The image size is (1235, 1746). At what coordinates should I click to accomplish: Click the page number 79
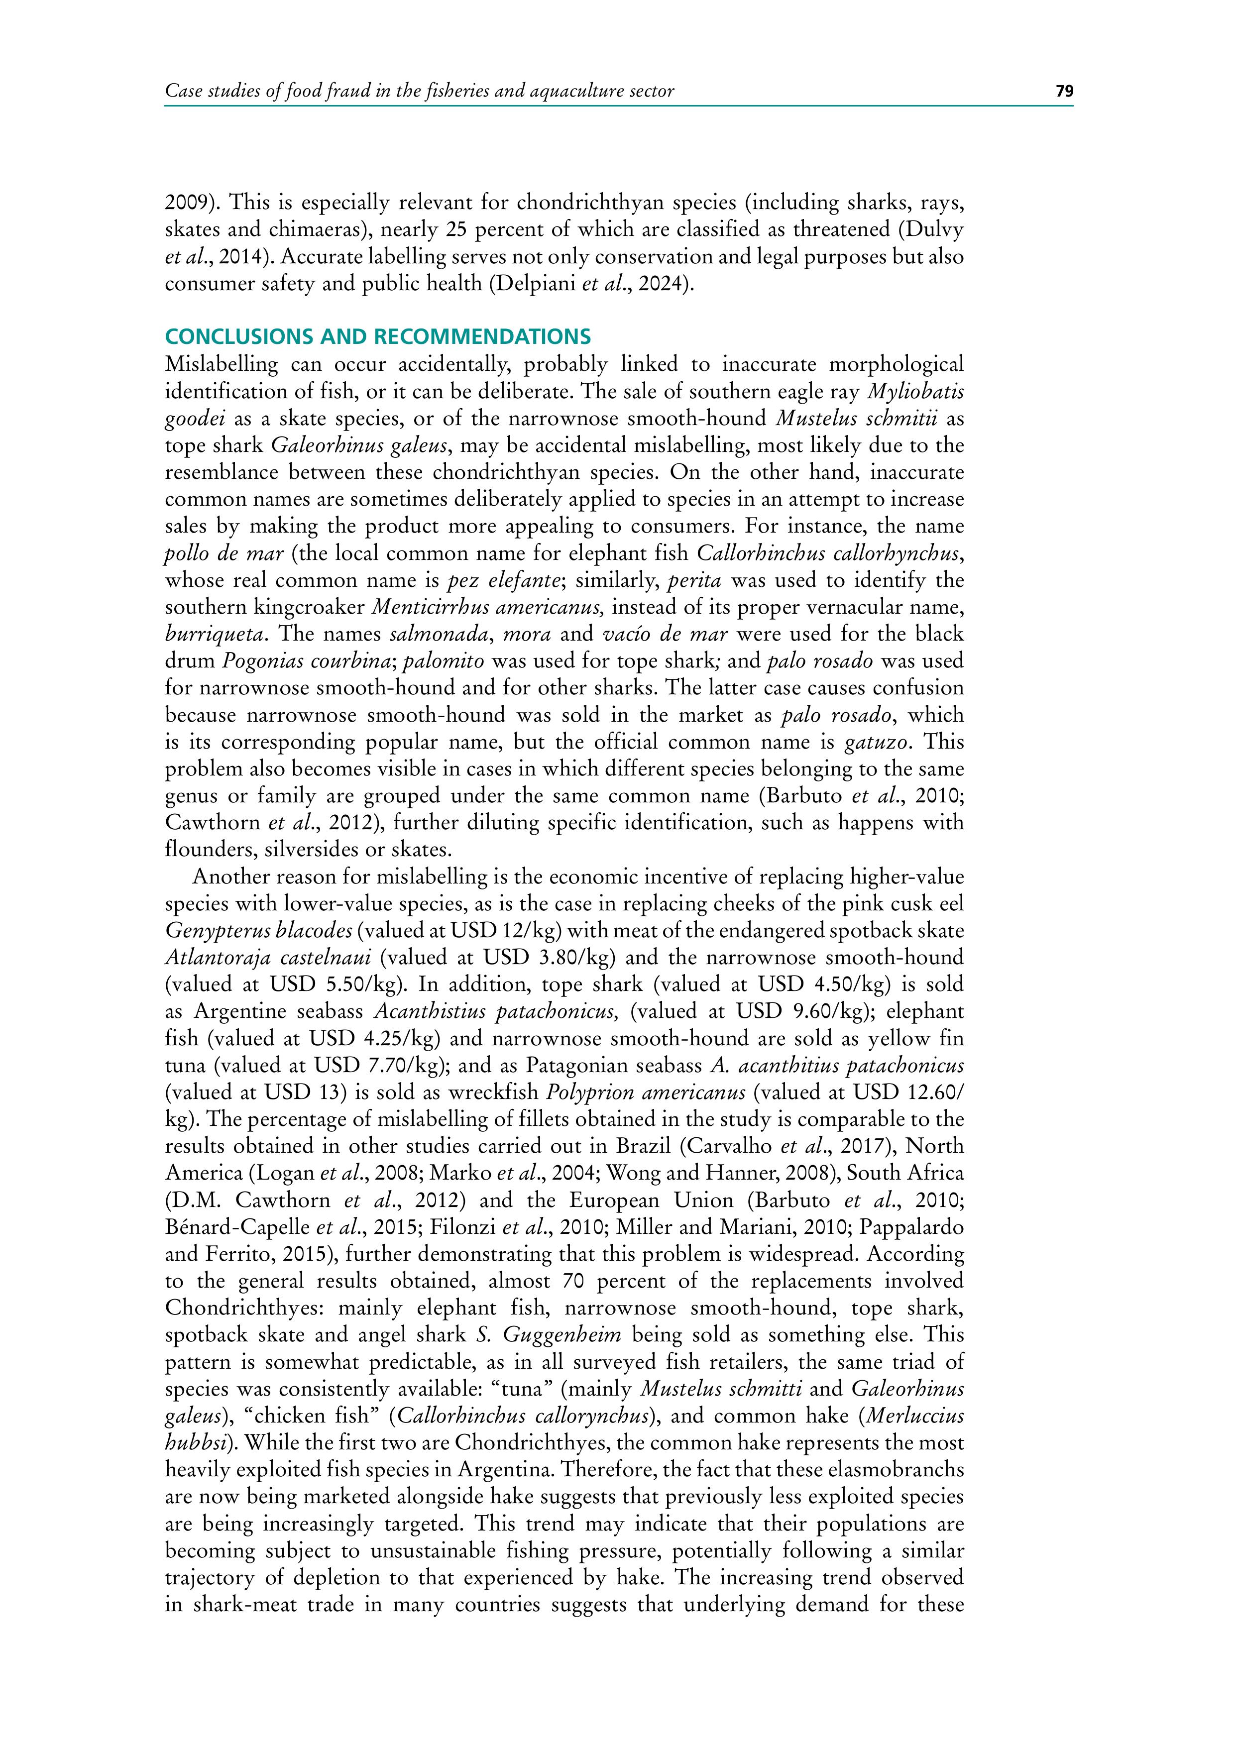tap(1064, 91)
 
